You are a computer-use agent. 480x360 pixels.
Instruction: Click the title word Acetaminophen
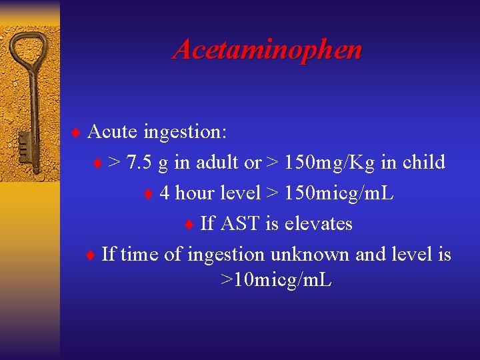pyautogui.click(x=267, y=50)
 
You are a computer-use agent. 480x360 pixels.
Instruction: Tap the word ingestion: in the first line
pyautogui.click(x=185, y=131)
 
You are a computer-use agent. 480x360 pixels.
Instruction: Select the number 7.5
pyautogui.click(x=139, y=162)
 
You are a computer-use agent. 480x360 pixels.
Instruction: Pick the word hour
pyautogui.click(x=194, y=193)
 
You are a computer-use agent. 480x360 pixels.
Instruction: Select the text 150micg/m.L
pyautogui.click(x=339, y=193)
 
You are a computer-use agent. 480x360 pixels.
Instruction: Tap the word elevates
pyautogui.click(x=318, y=223)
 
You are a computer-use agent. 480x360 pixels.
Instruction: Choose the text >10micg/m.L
pyautogui.click(x=275, y=280)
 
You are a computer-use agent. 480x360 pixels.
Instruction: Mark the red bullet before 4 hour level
pyautogui.click(x=149, y=194)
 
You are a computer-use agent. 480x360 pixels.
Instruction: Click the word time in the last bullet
pyautogui.click(x=139, y=254)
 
